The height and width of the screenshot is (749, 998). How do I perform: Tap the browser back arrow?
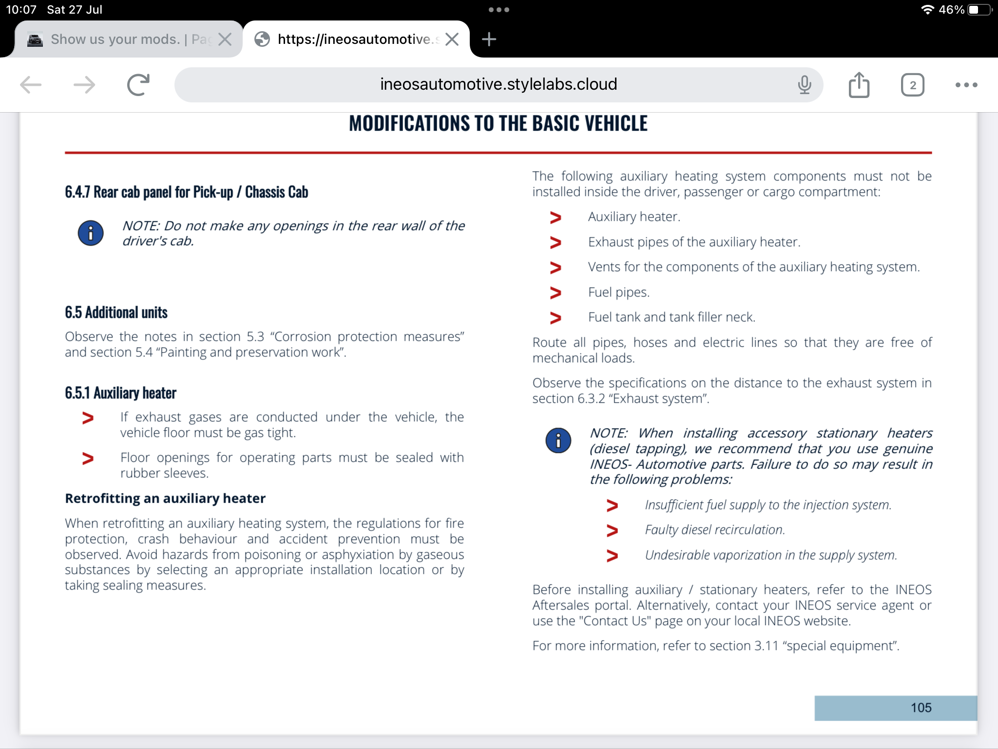(x=31, y=85)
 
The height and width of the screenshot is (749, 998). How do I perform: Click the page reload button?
(x=138, y=85)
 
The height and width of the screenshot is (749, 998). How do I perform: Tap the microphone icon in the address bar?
(x=804, y=85)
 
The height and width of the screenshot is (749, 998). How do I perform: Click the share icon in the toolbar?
(x=859, y=85)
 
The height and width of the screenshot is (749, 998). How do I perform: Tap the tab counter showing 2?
(x=912, y=85)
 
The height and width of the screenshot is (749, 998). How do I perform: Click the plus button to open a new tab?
(x=489, y=39)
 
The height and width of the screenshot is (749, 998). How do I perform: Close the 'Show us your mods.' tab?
(x=225, y=39)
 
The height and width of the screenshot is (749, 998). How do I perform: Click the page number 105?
(x=921, y=708)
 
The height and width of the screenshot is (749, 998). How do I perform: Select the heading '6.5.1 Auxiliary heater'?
(x=120, y=393)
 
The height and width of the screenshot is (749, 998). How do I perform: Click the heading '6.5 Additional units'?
(x=116, y=313)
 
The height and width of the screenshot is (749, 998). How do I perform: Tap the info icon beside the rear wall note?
(x=91, y=233)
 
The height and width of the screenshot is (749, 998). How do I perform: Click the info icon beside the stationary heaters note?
(x=558, y=440)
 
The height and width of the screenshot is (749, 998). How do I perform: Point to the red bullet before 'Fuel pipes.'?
(x=556, y=293)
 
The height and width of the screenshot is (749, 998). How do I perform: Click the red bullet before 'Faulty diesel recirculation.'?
(x=612, y=530)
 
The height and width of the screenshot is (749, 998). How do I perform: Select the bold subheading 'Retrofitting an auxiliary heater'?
(x=165, y=498)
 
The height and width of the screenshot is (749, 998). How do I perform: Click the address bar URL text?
(x=498, y=84)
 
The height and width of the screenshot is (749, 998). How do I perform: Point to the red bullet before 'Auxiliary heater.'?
(x=556, y=217)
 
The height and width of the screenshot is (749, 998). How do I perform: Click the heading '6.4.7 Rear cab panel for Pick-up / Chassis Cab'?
(x=186, y=192)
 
